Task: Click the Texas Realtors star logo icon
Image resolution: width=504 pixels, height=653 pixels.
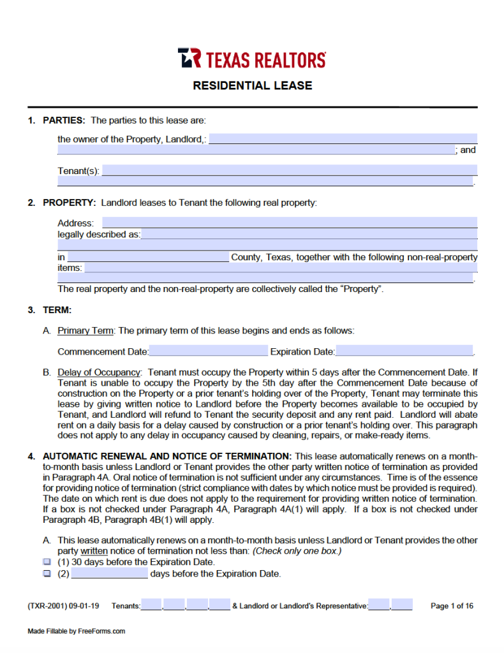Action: tap(189, 58)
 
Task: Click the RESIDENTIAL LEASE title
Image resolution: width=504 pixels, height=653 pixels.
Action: tap(253, 85)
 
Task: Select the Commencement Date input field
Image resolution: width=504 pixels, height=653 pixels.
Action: tap(209, 351)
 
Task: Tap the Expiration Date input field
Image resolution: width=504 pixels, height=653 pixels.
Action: tap(404, 351)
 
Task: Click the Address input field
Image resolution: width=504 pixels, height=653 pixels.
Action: tap(289, 223)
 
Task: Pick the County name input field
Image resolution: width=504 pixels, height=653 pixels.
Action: tap(147, 257)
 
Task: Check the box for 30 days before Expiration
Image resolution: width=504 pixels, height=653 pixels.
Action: tap(47, 562)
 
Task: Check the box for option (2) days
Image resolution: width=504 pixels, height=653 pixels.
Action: tap(47, 573)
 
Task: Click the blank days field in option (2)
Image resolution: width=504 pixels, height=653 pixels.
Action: tap(109, 573)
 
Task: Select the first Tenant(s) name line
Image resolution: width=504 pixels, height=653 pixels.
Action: tap(289, 170)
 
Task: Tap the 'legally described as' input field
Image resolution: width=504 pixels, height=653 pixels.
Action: tap(309, 234)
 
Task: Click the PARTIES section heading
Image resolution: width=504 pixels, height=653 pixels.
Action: tap(64, 120)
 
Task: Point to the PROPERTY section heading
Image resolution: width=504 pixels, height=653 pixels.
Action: tap(69, 203)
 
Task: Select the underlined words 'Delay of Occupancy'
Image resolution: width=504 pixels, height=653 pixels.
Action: tap(98, 372)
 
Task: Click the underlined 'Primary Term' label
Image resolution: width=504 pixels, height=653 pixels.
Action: tap(85, 330)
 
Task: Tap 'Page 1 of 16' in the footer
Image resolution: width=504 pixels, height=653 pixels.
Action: tap(452, 606)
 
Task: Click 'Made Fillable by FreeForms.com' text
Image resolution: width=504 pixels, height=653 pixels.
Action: tap(76, 631)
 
